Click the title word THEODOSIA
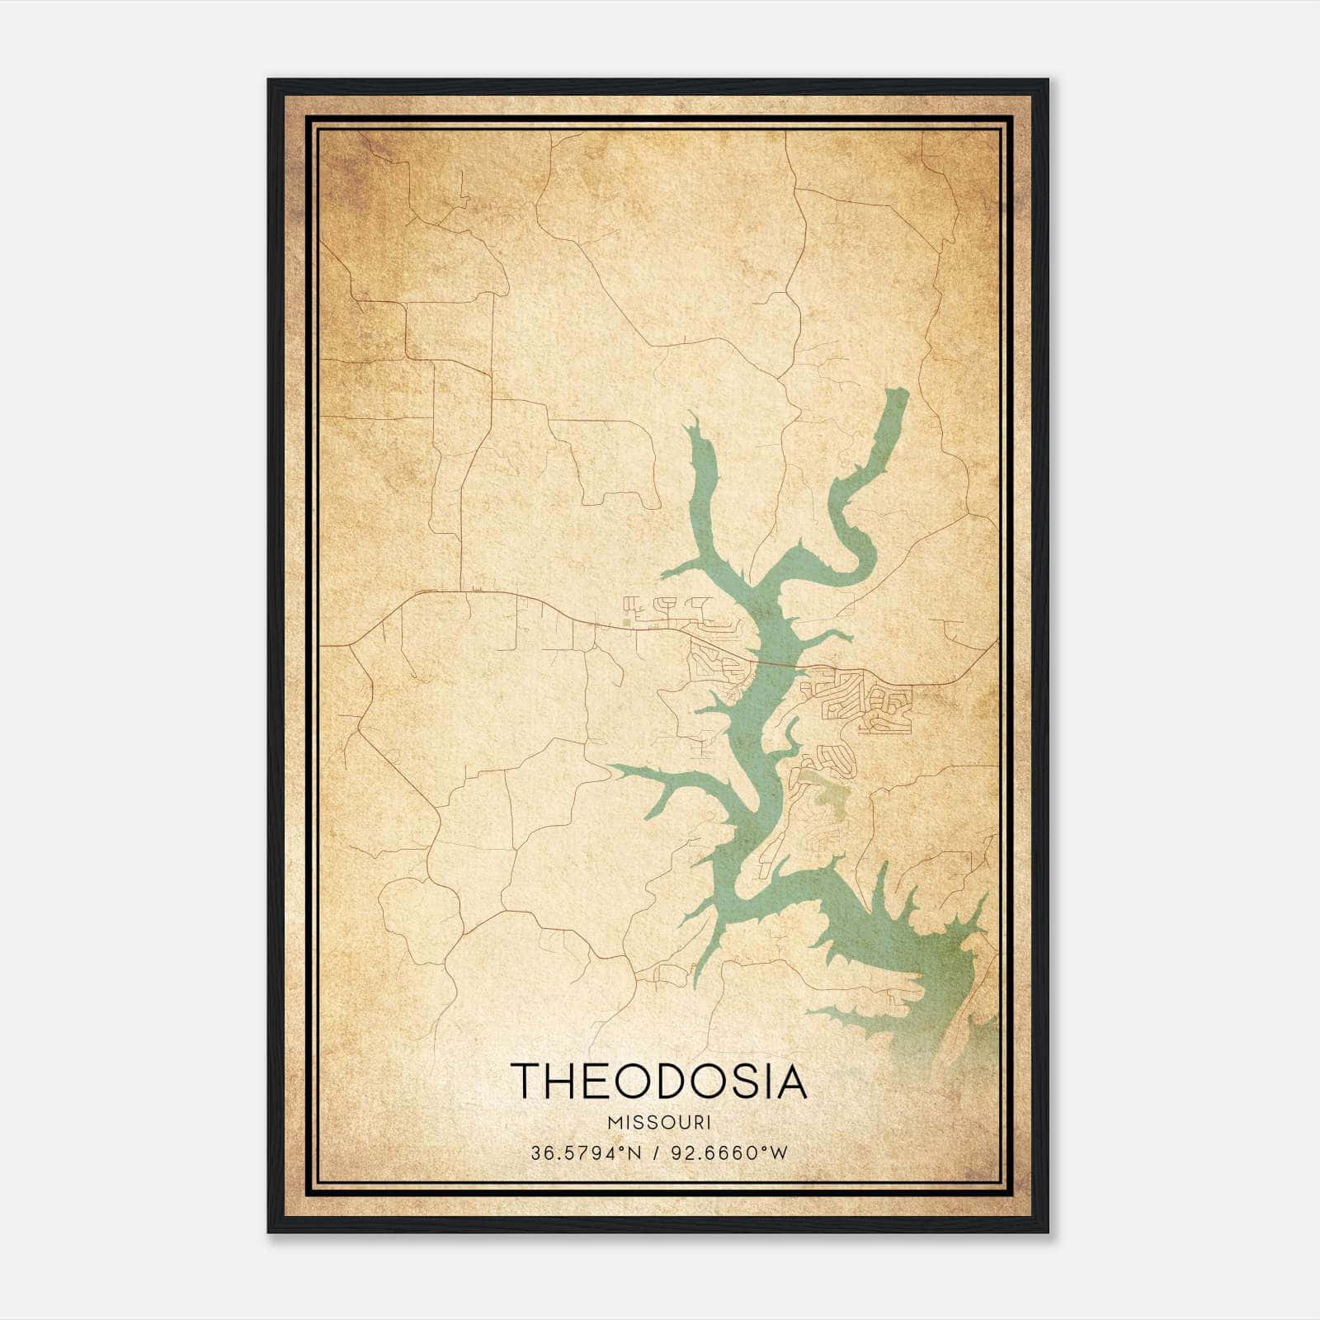(658, 1082)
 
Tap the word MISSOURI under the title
(658, 1123)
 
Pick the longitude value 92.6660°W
(728, 1153)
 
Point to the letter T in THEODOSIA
(526, 1082)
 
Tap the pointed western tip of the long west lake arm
(611, 766)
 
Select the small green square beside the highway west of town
(626, 622)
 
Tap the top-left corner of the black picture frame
(268, 80)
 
